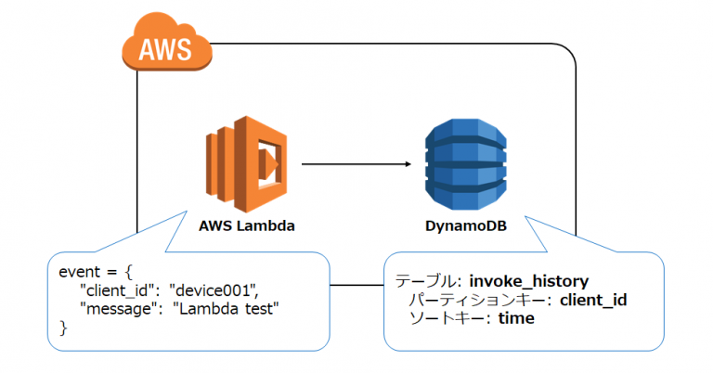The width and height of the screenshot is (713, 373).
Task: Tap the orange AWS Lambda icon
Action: tap(246, 164)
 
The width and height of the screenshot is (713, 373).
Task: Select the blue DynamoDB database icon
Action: tap(466, 164)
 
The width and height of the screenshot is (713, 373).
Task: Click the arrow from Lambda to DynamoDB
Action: tap(356, 164)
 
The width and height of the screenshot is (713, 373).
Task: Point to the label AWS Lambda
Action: tap(246, 225)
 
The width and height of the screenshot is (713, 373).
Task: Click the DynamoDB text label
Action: tap(466, 225)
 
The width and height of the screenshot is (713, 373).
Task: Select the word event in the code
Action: tap(80, 272)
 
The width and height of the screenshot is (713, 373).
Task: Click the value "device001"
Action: tap(216, 290)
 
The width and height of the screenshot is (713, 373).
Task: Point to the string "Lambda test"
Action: tap(226, 309)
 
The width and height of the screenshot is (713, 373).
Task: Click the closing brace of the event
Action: tap(63, 328)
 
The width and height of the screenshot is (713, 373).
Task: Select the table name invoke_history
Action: tap(529, 281)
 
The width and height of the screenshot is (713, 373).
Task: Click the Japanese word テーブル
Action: tap(427, 281)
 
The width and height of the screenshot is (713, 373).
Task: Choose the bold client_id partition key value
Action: tap(593, 300)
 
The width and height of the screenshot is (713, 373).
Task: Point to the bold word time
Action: tap(516, 318)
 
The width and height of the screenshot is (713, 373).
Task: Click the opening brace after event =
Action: tap(128, 272)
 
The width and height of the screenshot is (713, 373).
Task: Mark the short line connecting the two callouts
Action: tap(356, 285)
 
